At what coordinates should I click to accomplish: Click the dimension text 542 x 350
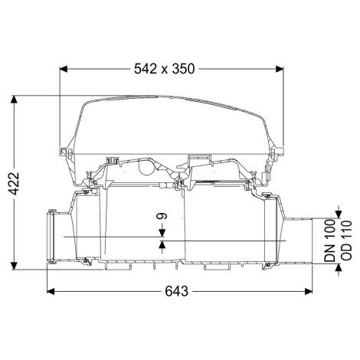pyautogui.click(x=165, y=69)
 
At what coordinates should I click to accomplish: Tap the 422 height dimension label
pyautogui.click(x=14, y=184)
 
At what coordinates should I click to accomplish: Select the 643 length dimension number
pyautogui.click(x=177, y=291)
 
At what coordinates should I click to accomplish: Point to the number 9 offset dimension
pyautogui.click(x=162, y=216)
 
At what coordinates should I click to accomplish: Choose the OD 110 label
pyautogui.click(x=346, y=241)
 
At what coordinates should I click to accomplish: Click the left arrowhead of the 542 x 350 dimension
pyautogui.click(x=63, y=69)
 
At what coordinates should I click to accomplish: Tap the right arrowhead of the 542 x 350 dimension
pyautogui.click(x=280, y=69)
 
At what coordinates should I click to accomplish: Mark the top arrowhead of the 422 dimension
pyautogui.click(x=15, y=100)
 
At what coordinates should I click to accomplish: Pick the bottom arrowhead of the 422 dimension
pyautogui.click(x=15, y=265)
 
